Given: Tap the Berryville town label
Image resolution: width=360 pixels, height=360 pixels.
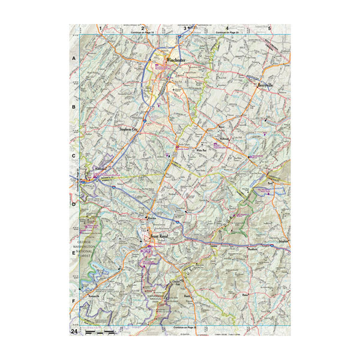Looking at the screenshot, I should (x=266, y=86).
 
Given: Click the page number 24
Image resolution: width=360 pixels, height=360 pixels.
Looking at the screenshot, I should (x=74, y=331).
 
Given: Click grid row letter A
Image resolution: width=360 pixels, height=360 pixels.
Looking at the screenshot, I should (x=74, y=59).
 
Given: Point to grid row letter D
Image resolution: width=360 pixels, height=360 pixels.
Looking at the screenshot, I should (x=74, y=205).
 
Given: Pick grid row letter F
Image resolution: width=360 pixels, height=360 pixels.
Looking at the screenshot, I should (x=74, y=301).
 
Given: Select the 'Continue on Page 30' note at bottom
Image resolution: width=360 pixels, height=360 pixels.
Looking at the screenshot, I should (x=185, y=328).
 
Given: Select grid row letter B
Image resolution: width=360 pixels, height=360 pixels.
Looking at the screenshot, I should (x=74, y=107).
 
